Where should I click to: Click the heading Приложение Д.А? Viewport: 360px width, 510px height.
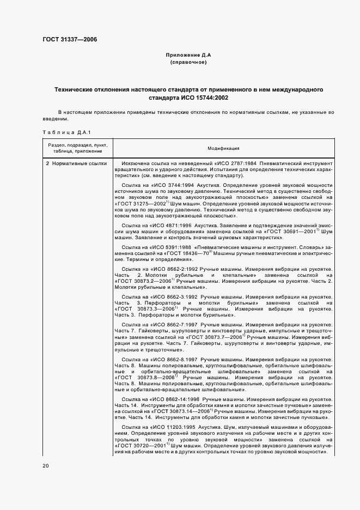tap(187, 56)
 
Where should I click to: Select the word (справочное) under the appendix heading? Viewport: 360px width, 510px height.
tap(187, 63)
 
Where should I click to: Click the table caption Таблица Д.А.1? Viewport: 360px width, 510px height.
tap(60, 132)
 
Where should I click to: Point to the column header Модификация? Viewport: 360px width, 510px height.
tap(223, 148)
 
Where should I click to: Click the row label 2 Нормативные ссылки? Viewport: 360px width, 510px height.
tap(76, 163)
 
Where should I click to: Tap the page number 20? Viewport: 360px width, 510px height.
tap(46, 465)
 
